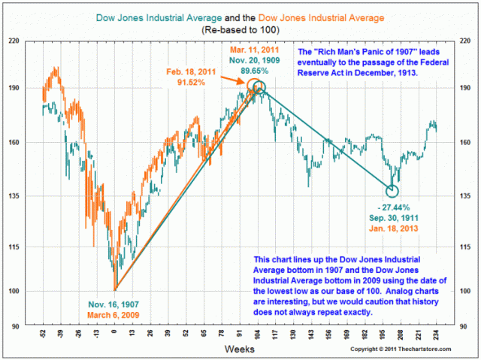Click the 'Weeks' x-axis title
(x=240, y=349)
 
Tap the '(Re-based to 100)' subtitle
(x=240, y=30)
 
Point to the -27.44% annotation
(x=397, y=206)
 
